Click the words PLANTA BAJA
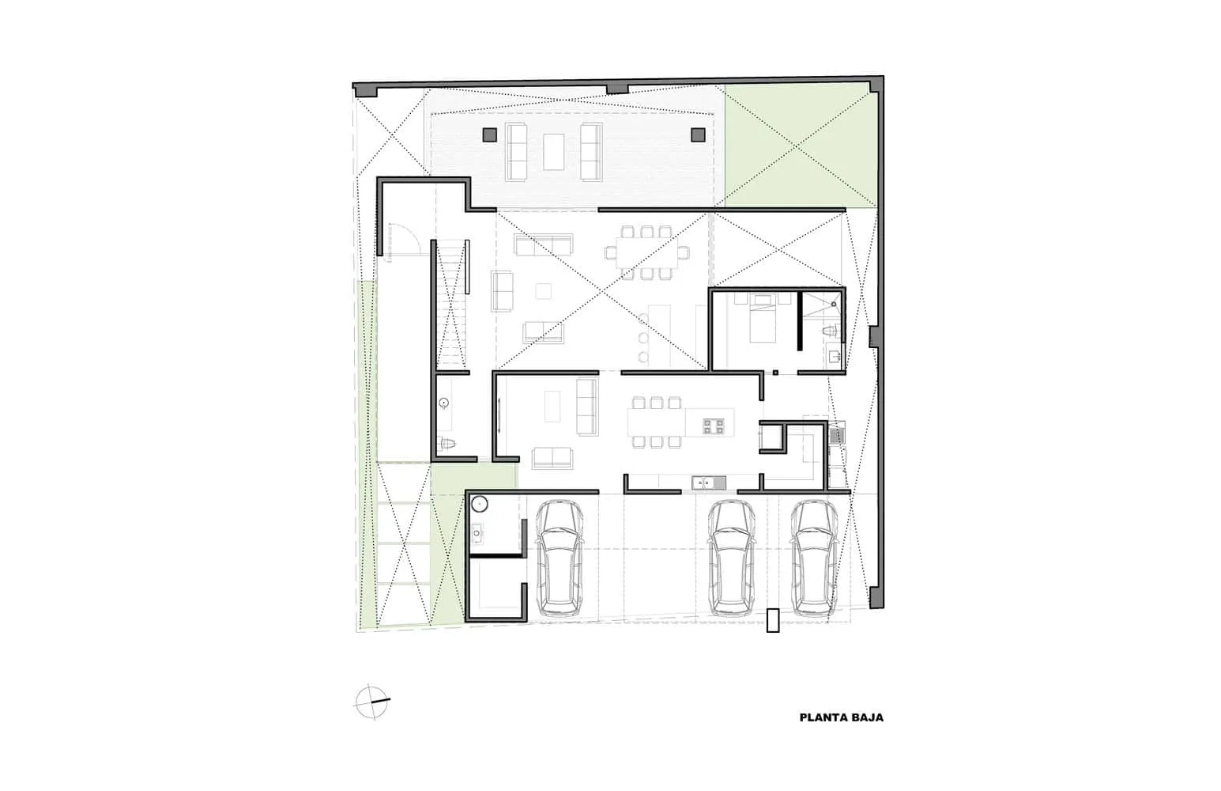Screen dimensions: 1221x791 tap(841, 718)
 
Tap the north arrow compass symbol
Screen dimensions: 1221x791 tap(372, 702)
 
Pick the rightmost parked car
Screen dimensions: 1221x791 tap(814, 558)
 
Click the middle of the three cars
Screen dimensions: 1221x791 tap(731, 558)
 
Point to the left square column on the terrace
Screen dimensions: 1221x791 tap(489, 134)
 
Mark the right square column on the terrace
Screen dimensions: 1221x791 tap(698, 134)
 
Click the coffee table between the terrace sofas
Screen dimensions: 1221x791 tap(553, 152)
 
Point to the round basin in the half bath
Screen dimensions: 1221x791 tap(444, 403)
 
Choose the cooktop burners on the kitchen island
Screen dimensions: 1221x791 tap(713, 426)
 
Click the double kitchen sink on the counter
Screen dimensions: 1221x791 tap(709, 483)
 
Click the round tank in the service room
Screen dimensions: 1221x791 tap(479, 504)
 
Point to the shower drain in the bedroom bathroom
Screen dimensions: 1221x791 tap(834, 304)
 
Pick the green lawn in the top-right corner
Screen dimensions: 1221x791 tap(799, 146)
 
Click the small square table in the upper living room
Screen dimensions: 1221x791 tap(543, 291)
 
